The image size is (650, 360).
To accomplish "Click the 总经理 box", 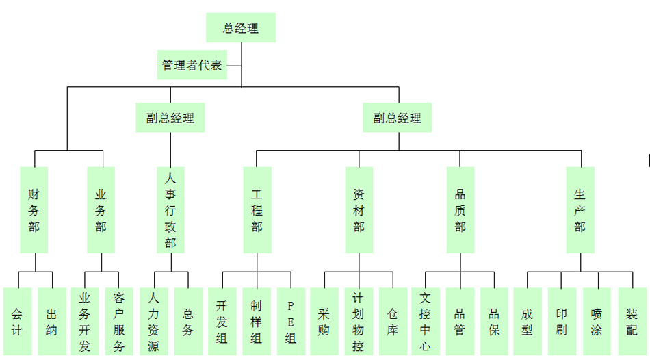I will click(241, 28).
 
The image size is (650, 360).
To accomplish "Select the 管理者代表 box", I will click(192, 66).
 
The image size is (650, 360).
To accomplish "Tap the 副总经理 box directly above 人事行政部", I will click(170, 118).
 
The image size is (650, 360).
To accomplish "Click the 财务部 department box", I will click(34, 209).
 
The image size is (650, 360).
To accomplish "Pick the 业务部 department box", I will click(101, 209).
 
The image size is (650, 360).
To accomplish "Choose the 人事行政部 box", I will click(170, 209).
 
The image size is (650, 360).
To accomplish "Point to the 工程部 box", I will click(257, 209).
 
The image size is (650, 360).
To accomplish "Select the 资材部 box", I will click(359, 209).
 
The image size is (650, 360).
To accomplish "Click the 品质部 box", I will click(460, 209).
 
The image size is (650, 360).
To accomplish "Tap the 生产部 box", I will click(580, 209).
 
